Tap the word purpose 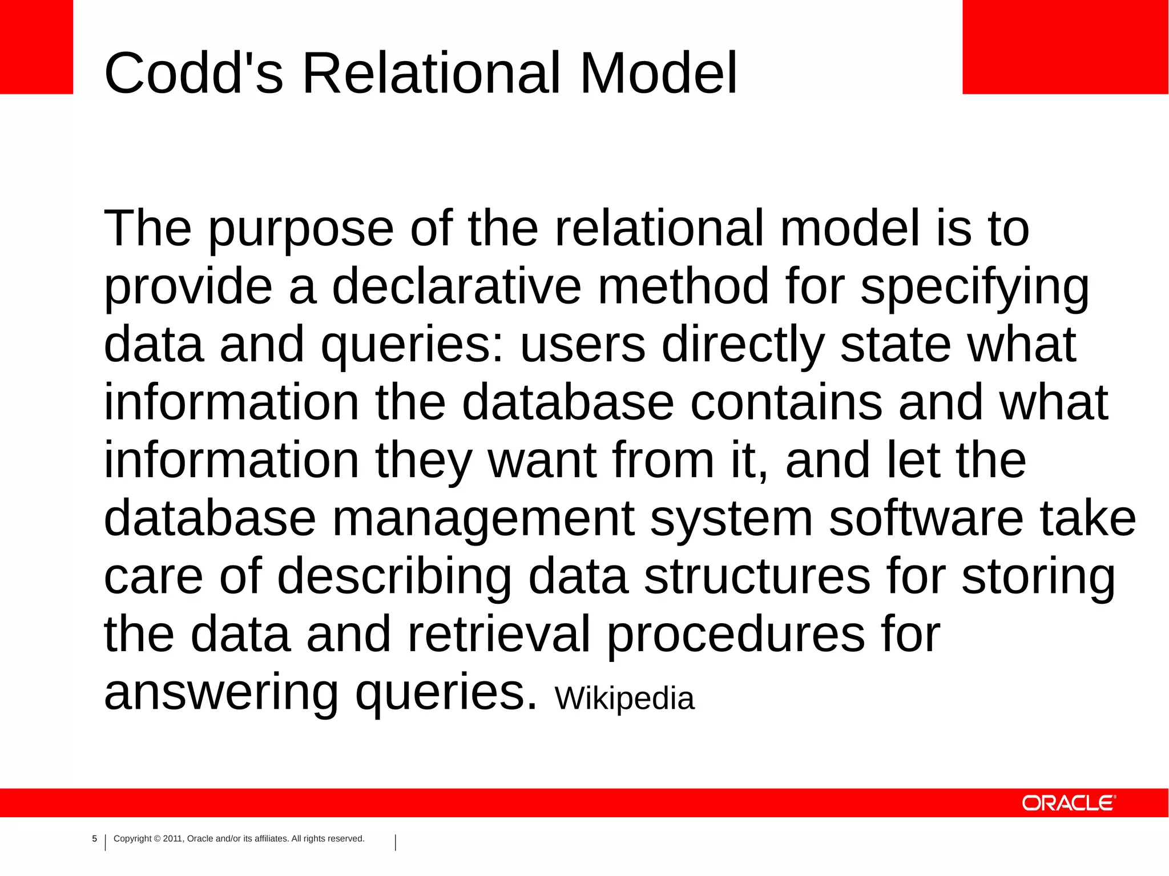click(301, 229)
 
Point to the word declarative click(456, 286)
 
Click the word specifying click(974, 288)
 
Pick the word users click(583, 345)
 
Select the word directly click(743, 346)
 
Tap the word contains click(786, 403)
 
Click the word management click(483, 519)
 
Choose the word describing click(394, 577)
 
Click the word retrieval click(498, 635)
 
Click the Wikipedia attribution click(624, 699)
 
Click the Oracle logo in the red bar click(1068, 803)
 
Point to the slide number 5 click(95, 839)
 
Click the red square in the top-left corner click(36, 46)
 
